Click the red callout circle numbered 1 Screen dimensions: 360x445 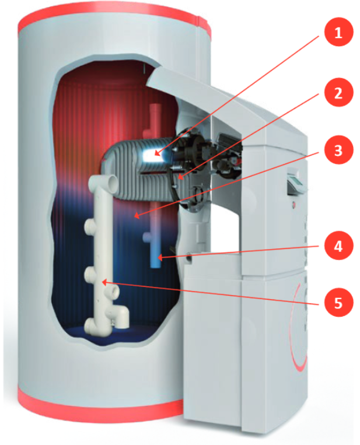(x=338, y=31)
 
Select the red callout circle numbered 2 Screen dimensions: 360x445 (x=338, y=92)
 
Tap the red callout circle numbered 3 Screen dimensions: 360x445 (x=338, y=149)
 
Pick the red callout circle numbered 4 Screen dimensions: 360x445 (x=338, y=245)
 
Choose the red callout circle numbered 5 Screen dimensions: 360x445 (x=338, y=302)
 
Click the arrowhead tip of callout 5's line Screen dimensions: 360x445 (x=102, y=282)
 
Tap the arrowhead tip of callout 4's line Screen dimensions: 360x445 (x=158, y=258)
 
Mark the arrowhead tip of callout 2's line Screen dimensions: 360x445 (x=179, y=180)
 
